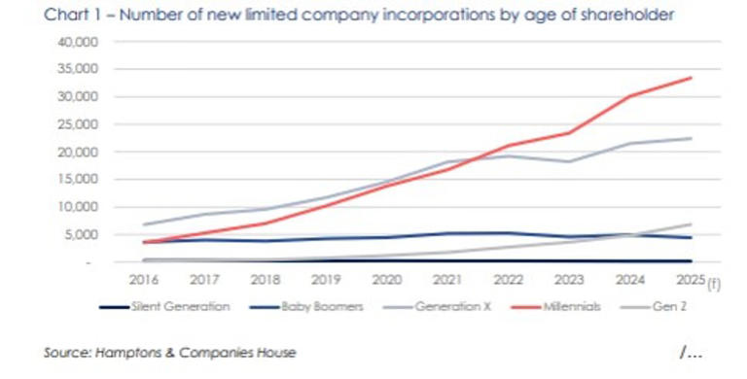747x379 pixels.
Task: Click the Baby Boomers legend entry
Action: (319, 306)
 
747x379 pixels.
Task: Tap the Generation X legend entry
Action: (442, 306)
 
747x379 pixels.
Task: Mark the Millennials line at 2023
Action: (569, 133)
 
